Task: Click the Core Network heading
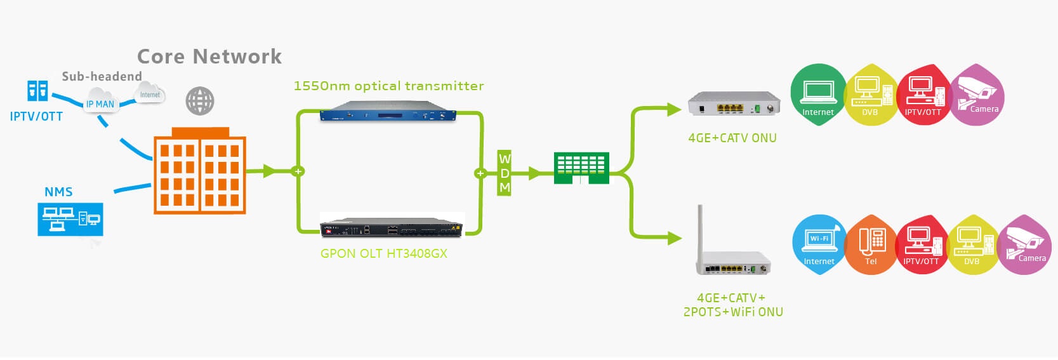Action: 209,57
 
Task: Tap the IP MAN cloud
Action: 100,103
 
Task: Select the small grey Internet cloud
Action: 150,94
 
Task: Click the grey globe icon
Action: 200,101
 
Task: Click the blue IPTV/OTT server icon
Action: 37,91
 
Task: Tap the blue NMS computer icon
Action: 70,219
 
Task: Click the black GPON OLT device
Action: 392,227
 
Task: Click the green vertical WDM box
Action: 505,173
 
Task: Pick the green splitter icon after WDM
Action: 581,168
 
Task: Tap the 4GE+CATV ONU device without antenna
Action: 734,105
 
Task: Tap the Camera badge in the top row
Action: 976,95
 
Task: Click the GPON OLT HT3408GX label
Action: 383,253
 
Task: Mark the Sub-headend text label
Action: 102,76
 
